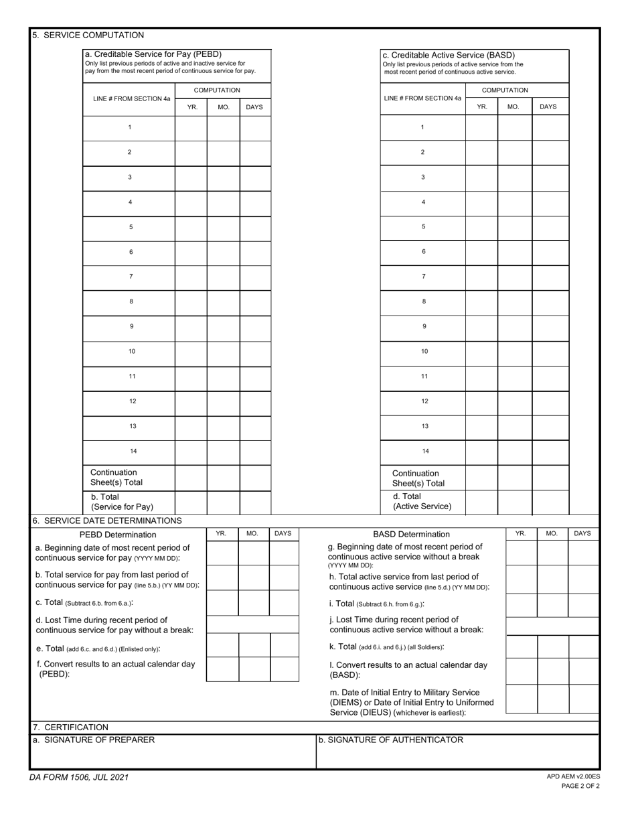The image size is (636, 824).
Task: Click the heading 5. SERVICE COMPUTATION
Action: click(x=88, y=36)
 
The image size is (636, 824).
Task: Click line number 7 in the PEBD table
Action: click(x=131, y=277)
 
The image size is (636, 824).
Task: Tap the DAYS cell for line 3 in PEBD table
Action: click(x=255, y=178)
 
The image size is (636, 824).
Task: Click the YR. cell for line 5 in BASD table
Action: click(x=481, y=227)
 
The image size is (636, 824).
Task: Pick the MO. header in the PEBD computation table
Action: click(x=224, y=107)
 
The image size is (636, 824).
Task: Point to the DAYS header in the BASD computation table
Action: click(x=548, y=107)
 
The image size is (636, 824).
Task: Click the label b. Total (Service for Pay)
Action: click(x=122, y=502)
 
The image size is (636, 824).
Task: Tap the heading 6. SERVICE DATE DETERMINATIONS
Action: click(x=107, y=521)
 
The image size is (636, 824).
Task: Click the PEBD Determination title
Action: click(x=118, y=535)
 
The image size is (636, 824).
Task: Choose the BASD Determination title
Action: click(x=411, y=535)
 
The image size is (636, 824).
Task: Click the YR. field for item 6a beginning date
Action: click(x=222, y=553)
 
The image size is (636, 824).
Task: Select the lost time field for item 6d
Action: click(x=252, y=624)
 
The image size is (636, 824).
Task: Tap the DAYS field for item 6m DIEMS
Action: click(x=583, y=699)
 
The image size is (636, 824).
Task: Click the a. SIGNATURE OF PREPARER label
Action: click(x=94, y=740)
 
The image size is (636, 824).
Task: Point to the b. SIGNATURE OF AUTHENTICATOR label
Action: click(x=390, y=740)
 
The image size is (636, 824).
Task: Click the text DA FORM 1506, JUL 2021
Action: click(x=79, y=778)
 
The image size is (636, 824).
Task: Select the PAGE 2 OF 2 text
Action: click(x=580, y=786)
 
